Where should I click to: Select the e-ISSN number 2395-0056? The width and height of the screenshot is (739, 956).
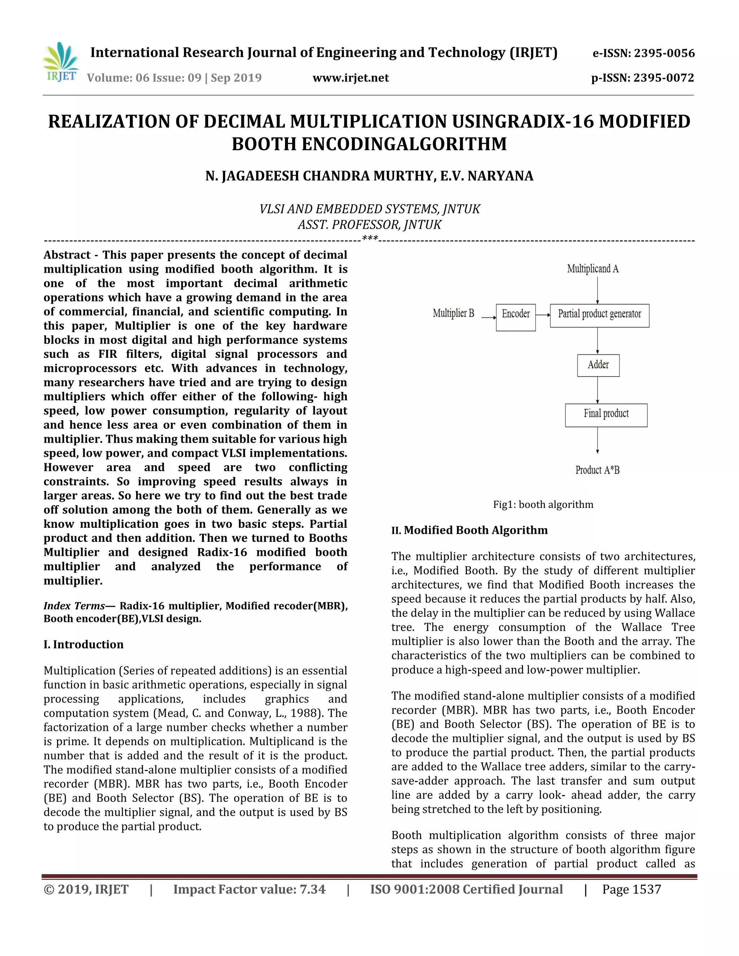pyautogui.click(x=664, y=53)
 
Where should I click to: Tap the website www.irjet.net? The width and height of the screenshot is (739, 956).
pyautogui.click(x=351, y=78)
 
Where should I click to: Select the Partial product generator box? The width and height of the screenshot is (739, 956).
pyautogui.click(x=599, y=315)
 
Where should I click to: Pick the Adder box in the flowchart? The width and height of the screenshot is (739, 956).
pyautogui.click(x=598, y=365)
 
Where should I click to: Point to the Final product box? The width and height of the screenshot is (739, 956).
pyautogui.click(x=606, y=415)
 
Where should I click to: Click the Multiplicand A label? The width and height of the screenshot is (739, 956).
pyautogui.click(x=593, y=268)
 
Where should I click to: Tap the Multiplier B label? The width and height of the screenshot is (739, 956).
pyautogui.click(x=453, y=313)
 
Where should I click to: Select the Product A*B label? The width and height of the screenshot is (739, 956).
pyautogui.click(x=597, y=470)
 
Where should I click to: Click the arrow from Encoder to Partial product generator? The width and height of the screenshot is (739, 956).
pyautogui.click(x=543, y=315)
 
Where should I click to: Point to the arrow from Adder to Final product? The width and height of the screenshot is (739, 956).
pyautogui.click(x=598, y=390)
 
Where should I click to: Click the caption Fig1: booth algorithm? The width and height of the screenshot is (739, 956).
pyautogui.click(x=543, y=504)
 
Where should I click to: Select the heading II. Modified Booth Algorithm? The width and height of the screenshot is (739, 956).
pyautogui.click(x=469, y=530)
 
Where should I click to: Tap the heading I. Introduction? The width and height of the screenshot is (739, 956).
pyautogui.click(x=84, y=644)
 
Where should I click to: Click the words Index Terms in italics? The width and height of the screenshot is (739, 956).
pyautogui.click(x=74, y=606)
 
